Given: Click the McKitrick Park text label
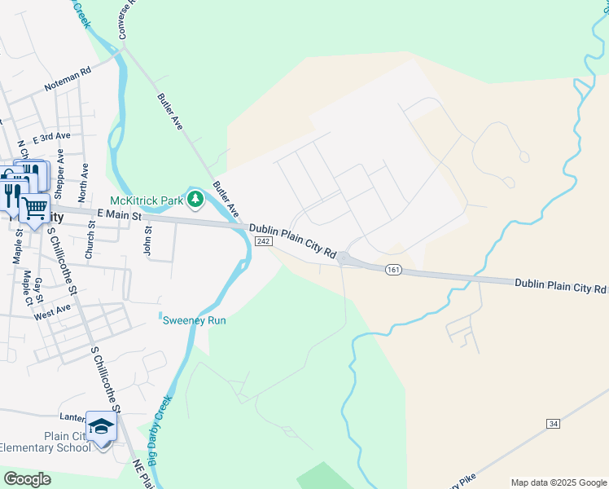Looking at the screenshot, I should [147, 200].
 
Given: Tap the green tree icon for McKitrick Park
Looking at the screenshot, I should [195, 199].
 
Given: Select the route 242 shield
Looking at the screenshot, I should [262, 242].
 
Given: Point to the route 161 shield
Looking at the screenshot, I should [393, 269].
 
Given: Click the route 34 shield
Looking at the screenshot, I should [554, 424].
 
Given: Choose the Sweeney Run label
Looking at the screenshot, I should [194, 320].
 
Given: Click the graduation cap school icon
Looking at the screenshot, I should [102, 427].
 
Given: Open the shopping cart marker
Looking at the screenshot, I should [33, 209].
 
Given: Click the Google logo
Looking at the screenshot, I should [28, 479].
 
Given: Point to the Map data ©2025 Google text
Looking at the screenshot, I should [558, 482].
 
